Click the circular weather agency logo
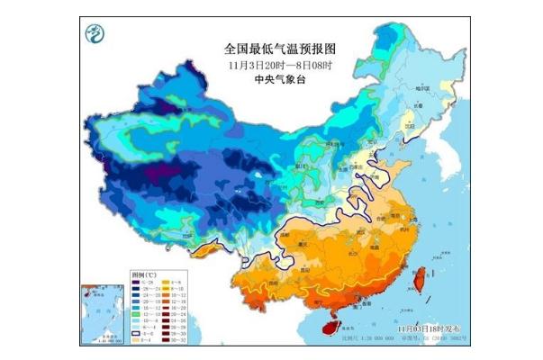[93, 35]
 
